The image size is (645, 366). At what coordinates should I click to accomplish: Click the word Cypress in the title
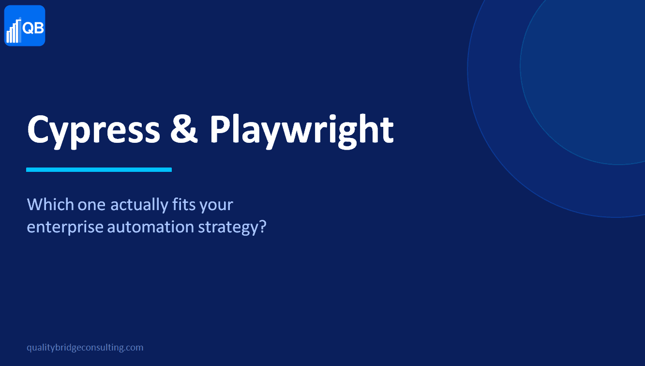tap(93, 130)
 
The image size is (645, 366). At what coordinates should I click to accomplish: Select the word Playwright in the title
tap(301, 130)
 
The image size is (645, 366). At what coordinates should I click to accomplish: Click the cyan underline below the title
tap(99, 169)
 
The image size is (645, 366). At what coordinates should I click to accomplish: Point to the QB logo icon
tap(25, 26)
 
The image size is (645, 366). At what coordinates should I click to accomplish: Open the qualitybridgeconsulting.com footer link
tap(85, 348)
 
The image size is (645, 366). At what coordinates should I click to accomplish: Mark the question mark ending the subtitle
tap(263, 226)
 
